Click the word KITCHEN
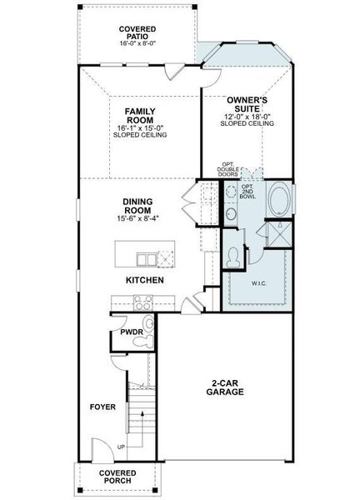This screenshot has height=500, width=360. click(x=145, y=280)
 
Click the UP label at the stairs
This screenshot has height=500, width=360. click(x=122, y=447)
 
